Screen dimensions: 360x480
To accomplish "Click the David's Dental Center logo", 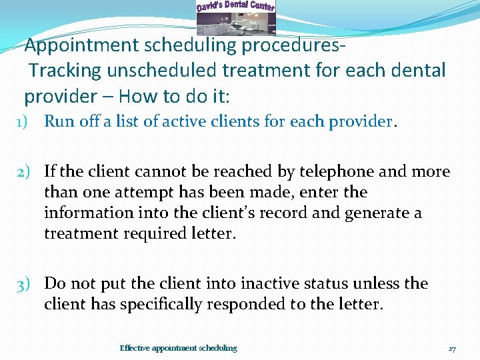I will click(x=235, y=17).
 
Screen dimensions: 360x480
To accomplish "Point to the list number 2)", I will click(x=26, y=172).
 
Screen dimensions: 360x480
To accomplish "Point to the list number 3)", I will click(x=26, y=283).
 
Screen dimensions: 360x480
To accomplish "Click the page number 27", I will click(x=451, y=348).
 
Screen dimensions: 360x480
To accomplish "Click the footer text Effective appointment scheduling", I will click(x=178, y=348).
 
